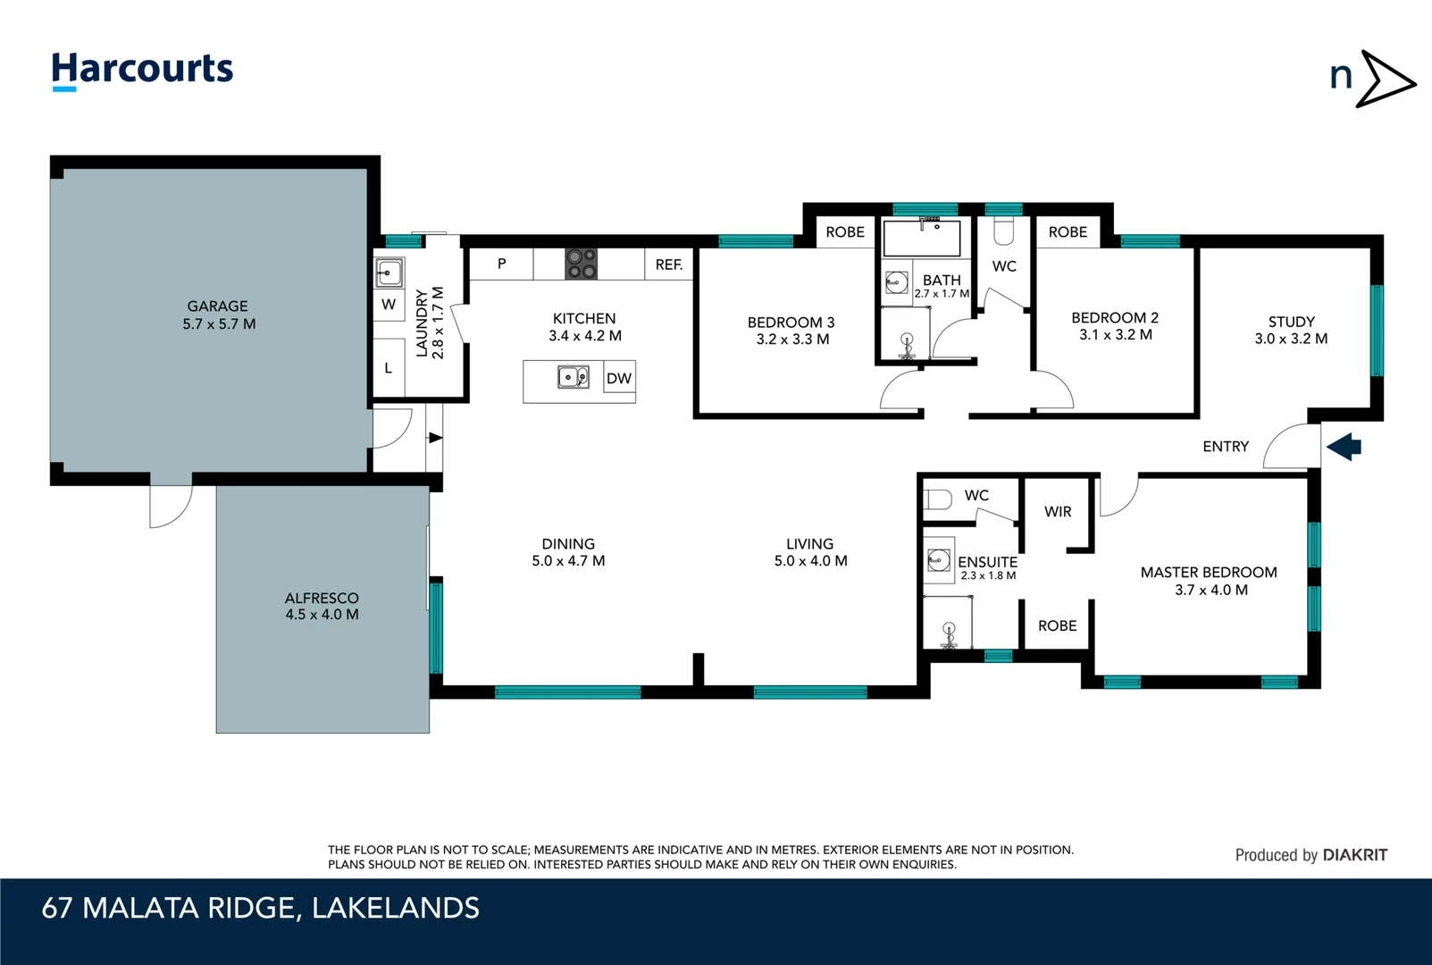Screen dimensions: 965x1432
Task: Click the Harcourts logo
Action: click(142, 70)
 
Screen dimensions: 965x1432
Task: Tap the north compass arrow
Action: click(1384, 80)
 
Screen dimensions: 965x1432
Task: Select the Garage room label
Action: click(217, 306)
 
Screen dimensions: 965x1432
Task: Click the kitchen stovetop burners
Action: click(581, 264)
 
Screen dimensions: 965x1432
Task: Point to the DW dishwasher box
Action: click(619, 378)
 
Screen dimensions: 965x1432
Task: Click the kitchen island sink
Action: click(574, 377)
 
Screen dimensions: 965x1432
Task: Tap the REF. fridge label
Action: click(668, 264)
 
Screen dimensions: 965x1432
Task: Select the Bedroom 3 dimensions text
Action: click(792, 340)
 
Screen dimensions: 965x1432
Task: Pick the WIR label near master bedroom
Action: click(1058, 512)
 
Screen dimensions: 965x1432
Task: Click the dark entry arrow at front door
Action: click(1344, 446)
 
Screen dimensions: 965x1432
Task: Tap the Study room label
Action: click(1291, 322)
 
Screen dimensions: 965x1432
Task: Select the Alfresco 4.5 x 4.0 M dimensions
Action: click(322, 615)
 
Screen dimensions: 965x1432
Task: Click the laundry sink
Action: click(389, 273)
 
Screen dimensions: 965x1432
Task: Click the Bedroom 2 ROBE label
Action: click(1068, 232)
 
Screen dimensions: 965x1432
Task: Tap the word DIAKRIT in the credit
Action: click(1354, 855)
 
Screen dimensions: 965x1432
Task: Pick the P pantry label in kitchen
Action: click(501, 264)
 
